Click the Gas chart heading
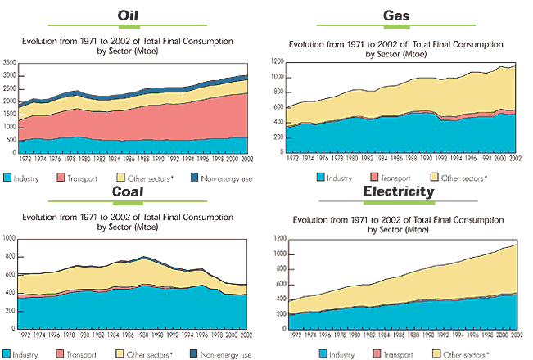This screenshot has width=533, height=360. tap(397, 16)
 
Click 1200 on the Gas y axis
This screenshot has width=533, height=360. tap(278, 62)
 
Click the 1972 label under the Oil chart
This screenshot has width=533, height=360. tap(25, 160)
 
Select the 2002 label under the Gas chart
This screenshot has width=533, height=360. tap(517, 160)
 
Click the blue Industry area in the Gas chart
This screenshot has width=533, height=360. tap(393, 135)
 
